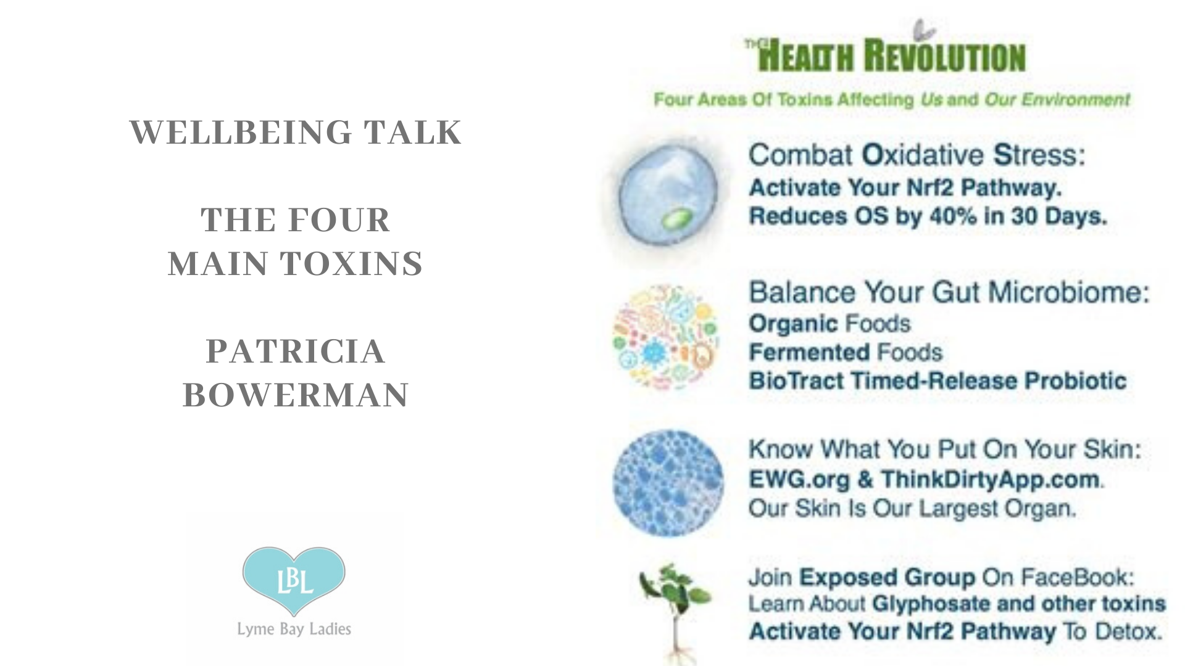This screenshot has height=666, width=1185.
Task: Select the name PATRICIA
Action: tap(296, 351)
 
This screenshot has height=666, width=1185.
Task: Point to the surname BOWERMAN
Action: tap(296, 395)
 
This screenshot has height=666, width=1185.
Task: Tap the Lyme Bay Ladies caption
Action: tap(294, 629)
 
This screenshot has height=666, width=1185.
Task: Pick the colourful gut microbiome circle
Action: tap(666, 337)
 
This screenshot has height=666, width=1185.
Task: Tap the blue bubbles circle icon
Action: tap(668, 483)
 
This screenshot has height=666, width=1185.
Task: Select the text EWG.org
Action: tap(799, 480)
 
